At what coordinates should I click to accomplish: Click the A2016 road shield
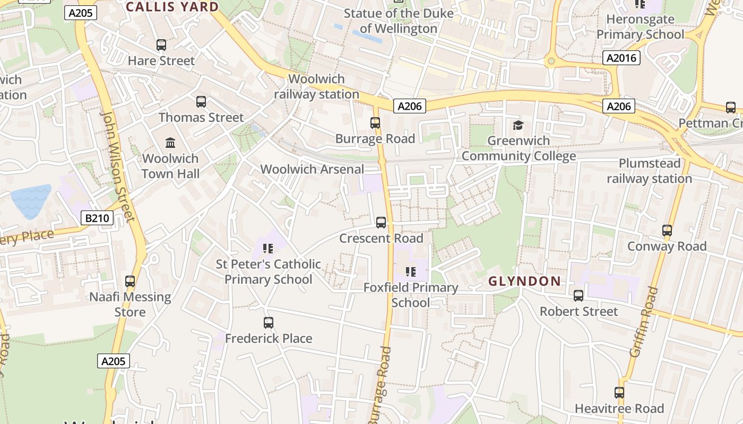click(x=621, y=58)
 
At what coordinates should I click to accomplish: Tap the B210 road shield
click(x=97, y=218)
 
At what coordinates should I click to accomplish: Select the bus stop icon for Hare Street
click(x=161, y=45)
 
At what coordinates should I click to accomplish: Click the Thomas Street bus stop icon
click(x=201, y=101)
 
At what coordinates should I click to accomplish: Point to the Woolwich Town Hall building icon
click(x=170, y=143)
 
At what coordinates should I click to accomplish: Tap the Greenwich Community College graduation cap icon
click(x=518, y=125)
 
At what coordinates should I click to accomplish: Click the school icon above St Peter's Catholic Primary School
click(x=268, y=248)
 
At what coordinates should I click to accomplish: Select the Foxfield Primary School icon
click(x=410, y=272)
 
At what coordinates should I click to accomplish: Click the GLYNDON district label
click(x=524, y=281)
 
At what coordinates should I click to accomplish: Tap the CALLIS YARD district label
click(x=172, y=7)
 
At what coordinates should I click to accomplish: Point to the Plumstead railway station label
click(x=649, y=171)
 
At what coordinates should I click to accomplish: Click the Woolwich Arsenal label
click(x=312, y=169)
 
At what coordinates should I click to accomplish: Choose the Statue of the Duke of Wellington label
click(x=399, y=21)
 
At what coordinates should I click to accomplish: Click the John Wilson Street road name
click(x=118, y=165)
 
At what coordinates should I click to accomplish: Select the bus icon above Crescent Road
click(x=381, y=222)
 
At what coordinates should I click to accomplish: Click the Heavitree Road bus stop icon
click(x=619, y=393)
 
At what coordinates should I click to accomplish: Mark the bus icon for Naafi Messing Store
click(x=130, y=281)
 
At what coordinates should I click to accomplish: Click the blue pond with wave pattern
click(x=31, y=200)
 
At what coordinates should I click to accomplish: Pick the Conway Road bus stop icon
click(x=667, y=231)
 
